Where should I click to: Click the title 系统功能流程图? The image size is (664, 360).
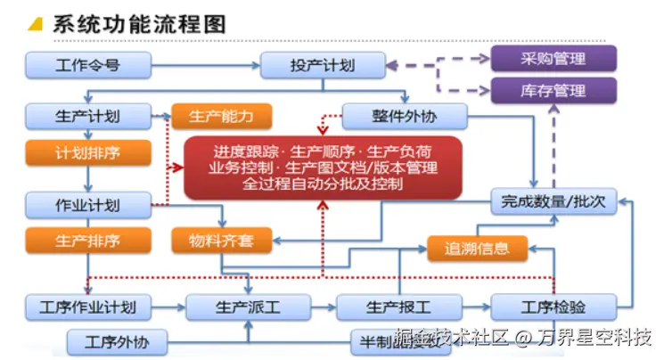point(138,23)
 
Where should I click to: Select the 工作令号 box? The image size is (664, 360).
point(87,65)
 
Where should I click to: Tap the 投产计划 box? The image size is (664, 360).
point(322,65)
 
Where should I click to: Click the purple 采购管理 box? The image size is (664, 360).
point(553,60)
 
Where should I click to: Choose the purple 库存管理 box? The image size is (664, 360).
point(553,91)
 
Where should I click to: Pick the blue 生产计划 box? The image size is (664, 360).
point(87,116)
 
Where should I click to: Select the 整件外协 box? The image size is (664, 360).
point(406,116)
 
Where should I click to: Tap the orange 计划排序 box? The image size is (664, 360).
point(87,152)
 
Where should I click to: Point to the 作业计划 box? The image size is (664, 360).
point(87,205)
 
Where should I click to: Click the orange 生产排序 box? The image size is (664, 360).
point(87,241)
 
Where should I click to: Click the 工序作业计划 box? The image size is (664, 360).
point(87,307)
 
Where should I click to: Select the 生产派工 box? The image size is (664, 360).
point(247,307)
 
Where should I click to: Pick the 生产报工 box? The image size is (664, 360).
point(398,307)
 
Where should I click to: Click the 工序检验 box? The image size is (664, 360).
point(553,307)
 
